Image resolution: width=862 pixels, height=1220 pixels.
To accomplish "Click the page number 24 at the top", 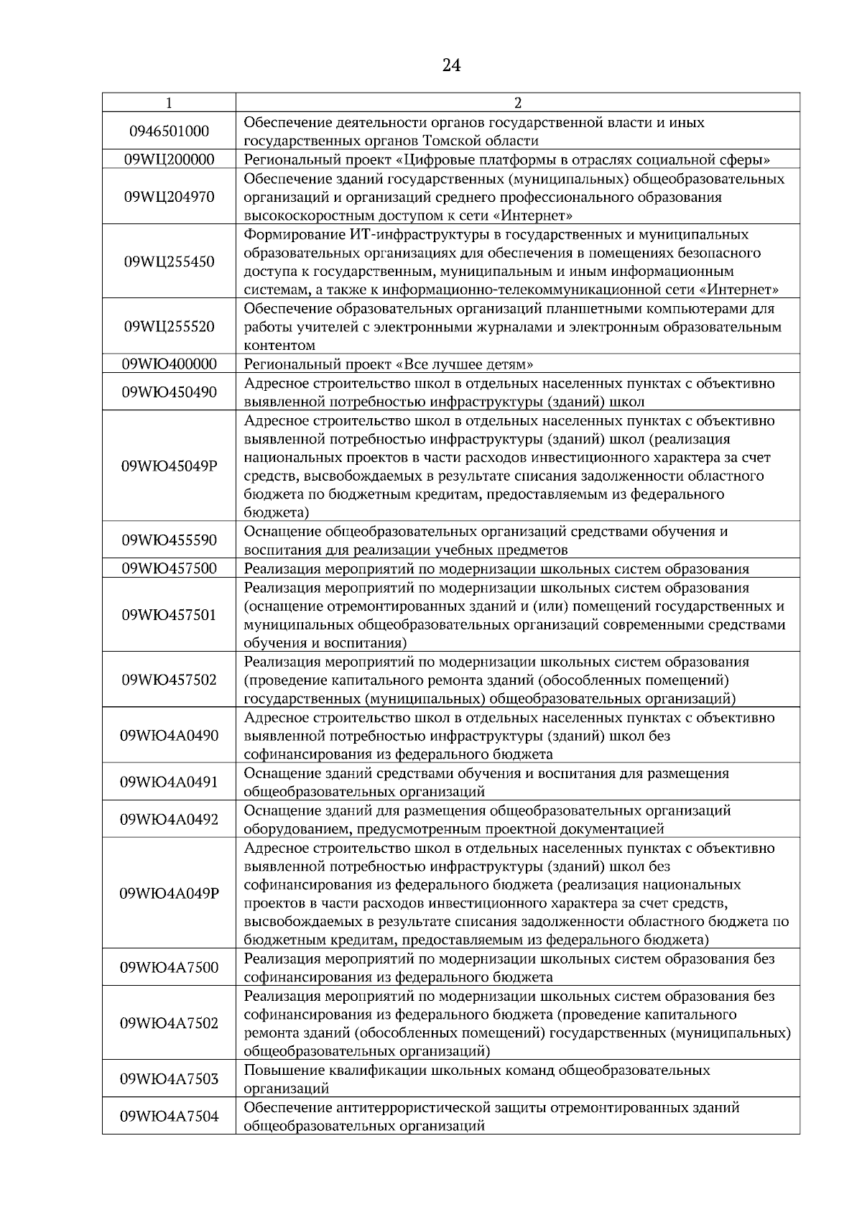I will (451, 66).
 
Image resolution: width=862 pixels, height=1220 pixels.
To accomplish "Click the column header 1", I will (169, 103).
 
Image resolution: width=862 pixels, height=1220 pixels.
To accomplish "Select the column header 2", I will (518, 103).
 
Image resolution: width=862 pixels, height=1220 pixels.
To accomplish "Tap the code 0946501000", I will (169, 131).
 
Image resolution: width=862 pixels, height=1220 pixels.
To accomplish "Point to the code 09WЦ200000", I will (169, 160).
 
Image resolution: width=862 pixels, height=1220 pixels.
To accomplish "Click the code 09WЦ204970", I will (169, 197).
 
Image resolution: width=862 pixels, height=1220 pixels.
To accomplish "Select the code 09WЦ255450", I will (169, 262).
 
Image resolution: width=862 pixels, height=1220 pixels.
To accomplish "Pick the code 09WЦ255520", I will (169, 327).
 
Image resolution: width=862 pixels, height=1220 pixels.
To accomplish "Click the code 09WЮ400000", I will (169, 364).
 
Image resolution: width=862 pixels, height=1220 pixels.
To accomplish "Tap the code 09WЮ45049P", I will (169, 466).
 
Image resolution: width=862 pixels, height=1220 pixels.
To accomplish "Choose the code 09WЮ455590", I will (169, 540).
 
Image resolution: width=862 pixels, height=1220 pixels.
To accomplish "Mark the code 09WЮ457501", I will (169, 616).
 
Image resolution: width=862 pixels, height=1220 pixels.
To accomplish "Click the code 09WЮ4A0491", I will (169, 782).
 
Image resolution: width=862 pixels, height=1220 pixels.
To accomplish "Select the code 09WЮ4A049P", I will (169, 894).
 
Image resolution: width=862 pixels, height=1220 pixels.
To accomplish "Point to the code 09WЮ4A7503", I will (169, 1079).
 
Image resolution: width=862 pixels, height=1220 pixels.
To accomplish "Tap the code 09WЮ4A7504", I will (169, 1117).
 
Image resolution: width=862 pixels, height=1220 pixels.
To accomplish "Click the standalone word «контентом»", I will (279, 346).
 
